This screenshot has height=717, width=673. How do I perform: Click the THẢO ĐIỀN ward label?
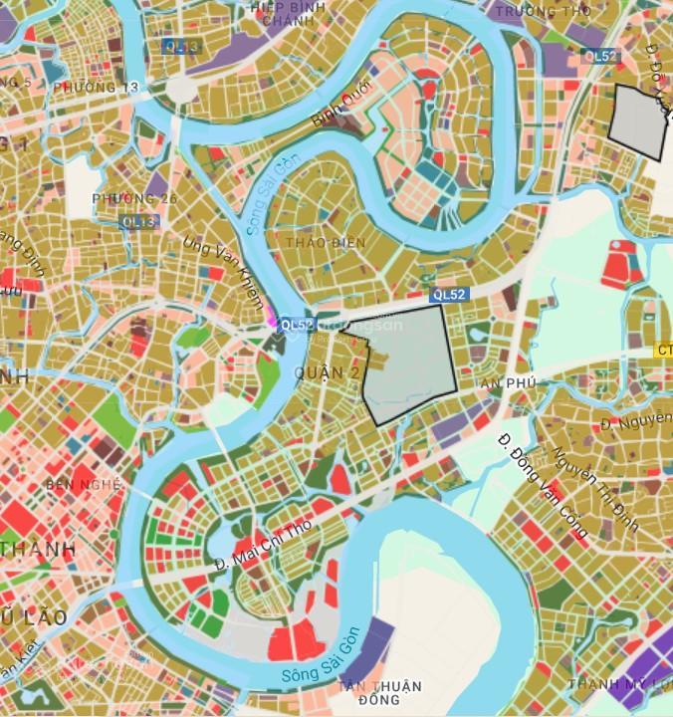(x=326, y=243)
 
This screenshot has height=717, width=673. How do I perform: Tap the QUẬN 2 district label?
(x=328, y=373)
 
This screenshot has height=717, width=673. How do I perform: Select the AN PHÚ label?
(x=508, y=383)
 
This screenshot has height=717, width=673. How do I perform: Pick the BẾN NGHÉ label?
(x=84, y=485)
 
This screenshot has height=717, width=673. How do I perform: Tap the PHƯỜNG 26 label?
(x=134, y=199)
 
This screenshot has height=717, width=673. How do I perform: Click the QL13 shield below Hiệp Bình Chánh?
(x=180, y=46)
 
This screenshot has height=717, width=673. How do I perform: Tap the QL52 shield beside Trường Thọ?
(x=601, y=57)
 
